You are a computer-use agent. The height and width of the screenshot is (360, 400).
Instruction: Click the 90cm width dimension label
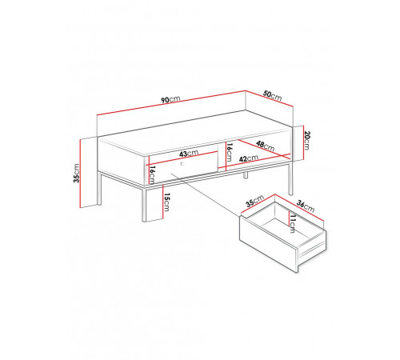[170, 99]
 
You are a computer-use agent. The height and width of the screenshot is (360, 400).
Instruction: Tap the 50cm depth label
[272, 95]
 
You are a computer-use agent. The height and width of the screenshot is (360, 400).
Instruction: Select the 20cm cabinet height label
[307, 140]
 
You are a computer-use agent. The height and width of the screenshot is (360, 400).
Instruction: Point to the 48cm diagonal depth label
[265, 146]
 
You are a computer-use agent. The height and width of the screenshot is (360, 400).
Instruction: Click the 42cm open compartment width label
[249, 158]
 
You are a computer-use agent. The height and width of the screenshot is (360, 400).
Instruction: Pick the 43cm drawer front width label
[189, 154]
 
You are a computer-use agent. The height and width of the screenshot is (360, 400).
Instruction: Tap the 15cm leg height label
[166, 202]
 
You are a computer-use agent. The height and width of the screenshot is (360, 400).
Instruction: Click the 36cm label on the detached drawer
[306, 206]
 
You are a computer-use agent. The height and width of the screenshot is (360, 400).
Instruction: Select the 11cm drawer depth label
[293, 224]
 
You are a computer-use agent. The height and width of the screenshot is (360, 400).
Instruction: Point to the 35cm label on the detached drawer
[254, 201]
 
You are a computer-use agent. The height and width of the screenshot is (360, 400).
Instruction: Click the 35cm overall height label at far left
[77, 173]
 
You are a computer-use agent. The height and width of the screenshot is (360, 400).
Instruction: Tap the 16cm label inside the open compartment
[229, 152]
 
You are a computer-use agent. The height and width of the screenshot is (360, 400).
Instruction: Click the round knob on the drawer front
[182, 163]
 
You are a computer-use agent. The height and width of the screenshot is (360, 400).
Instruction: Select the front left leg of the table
[144, 205]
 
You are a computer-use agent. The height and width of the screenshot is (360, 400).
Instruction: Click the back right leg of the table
[290, 178]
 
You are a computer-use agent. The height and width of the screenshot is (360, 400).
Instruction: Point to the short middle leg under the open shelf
[246, 175]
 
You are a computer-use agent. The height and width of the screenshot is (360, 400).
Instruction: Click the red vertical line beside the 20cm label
[303, 143]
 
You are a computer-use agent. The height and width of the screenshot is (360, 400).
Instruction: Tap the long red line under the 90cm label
[171, 103]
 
